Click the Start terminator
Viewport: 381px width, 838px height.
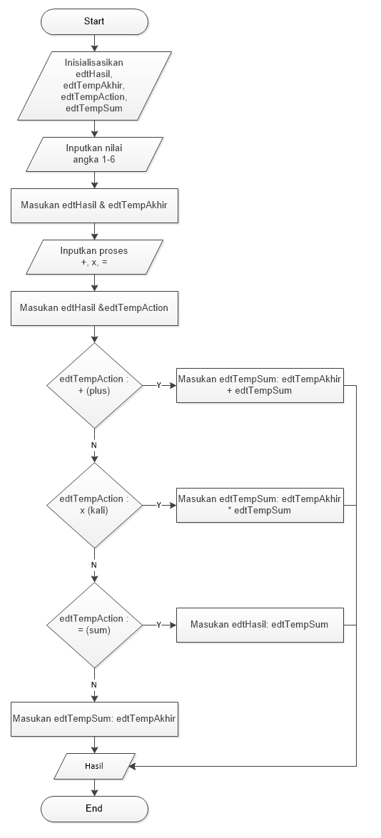point(94,21)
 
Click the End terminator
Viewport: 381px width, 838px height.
point(94,808)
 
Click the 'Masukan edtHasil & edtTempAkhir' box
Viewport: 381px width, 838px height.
point(94,207)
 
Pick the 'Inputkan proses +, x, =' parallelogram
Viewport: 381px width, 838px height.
point(94,257)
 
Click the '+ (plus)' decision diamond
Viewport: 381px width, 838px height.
point(94,385)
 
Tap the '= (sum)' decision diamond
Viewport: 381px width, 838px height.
point(94,624)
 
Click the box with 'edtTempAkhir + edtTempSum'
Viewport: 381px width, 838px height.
point(260,385)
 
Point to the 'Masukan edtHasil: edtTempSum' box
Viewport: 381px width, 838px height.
point(260,624)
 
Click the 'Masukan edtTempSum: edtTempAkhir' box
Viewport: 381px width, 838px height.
point(94,719)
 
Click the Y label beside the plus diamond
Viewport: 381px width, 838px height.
point(158,385)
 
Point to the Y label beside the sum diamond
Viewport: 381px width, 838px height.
point(158,625)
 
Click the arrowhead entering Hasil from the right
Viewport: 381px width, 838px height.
point(132,766)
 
